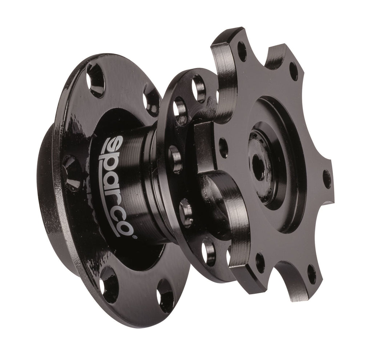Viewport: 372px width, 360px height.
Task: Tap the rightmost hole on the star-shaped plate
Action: [327, 179]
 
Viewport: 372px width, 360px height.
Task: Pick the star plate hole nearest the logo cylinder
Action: [223, 147]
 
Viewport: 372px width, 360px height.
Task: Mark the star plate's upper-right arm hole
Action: [294, 72]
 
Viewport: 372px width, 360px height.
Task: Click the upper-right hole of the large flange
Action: [152, 101]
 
